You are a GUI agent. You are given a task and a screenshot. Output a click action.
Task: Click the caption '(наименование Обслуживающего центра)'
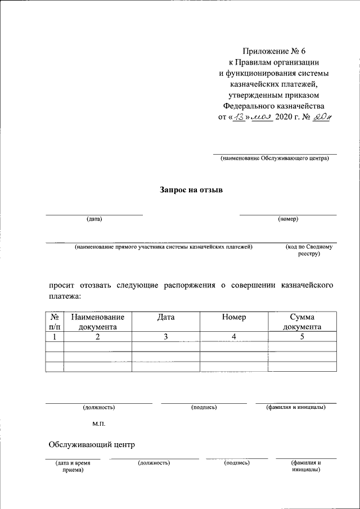(x=274, y=159)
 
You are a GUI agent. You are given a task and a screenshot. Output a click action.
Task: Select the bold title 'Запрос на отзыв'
(x=191, y=190)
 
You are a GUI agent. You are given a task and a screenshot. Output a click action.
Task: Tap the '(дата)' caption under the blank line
(x=94, y=219)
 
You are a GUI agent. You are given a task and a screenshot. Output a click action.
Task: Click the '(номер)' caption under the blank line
(x=288, y=219)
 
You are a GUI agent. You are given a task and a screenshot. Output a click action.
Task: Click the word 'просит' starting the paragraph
(x=62, y=285)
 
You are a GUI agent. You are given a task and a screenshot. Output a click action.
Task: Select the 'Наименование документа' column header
(x=98, y=322)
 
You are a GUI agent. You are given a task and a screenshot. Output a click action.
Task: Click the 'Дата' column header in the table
(x=166, y=317)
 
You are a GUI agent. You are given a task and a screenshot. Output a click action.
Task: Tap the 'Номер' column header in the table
(x=234, y=317)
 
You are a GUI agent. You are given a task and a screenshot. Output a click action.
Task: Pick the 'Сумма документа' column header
(x=302, y=322)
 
